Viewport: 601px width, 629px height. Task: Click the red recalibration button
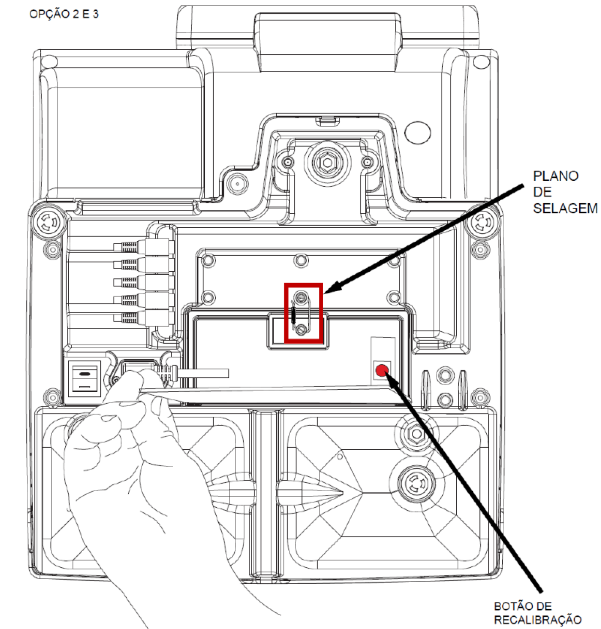(382, 370)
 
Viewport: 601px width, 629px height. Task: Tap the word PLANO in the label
(555, 176)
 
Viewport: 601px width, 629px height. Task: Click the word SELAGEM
(565, 208)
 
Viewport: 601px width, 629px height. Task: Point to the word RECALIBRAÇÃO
(538, 620)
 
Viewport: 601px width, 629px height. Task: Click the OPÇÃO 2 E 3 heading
(64, 14)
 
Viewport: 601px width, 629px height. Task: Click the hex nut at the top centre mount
(327, 163)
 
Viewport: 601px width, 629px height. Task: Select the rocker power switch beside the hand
(84, 379)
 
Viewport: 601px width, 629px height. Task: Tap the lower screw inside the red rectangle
(302, 328)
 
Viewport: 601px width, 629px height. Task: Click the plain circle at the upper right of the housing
(418, 132)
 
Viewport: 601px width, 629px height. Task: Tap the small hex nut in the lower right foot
(416, 434)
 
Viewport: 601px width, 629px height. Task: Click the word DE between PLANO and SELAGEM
(542, 192)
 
